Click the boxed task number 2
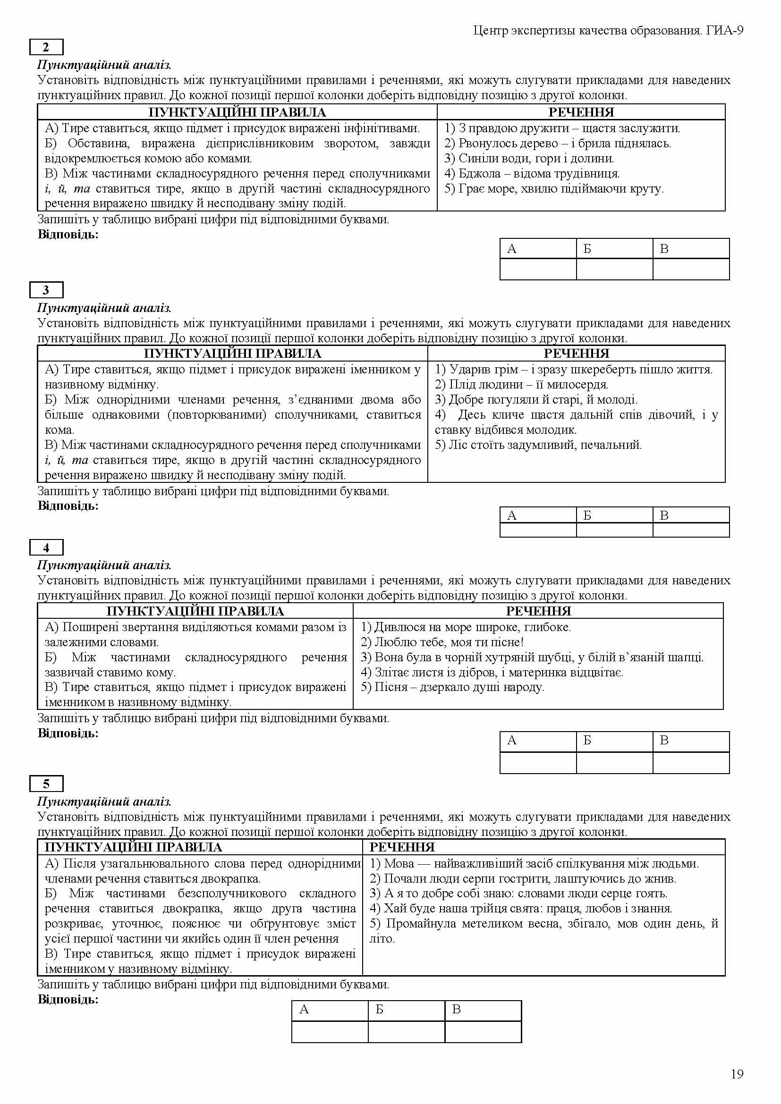pos(46,47)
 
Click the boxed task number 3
pos(46,290)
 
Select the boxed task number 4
pos(46,547)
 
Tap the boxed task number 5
pos(46,784)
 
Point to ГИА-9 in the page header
pos(725,31)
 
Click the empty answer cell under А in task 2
pos(538,269)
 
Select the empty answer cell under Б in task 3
pos(614,530)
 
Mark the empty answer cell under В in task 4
pos(691,763)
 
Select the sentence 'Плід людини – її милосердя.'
pos(522,385)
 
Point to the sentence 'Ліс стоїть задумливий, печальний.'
pos(539,445)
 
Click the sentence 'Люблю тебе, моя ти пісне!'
pos(442,642)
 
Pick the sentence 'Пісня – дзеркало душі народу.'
pos(452,687)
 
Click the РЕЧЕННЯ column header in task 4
pos(538,611)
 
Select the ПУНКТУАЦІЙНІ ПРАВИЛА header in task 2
pos(237,112)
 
